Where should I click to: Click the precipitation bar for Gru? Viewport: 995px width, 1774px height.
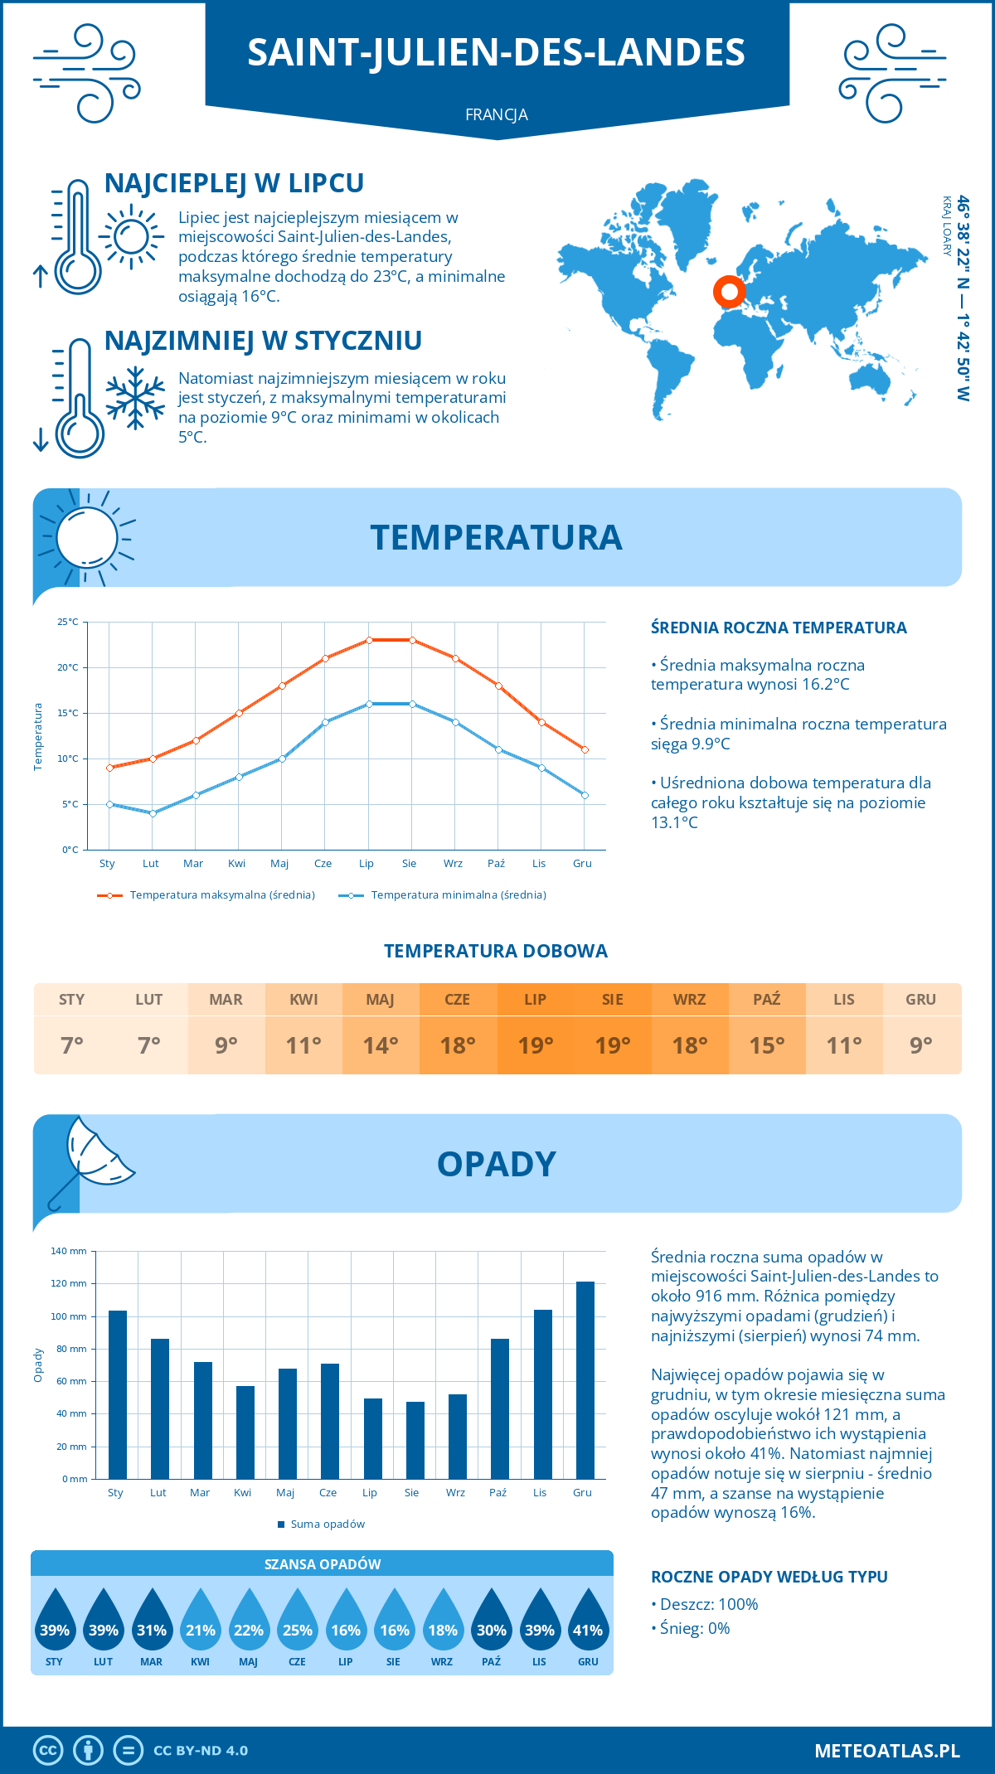coord(585,1380)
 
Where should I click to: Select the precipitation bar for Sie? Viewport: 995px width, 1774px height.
coord(415,1440)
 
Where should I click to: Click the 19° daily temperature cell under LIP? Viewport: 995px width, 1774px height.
coord(536,1045)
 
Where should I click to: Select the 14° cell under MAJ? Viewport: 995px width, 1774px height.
coord(381,1045)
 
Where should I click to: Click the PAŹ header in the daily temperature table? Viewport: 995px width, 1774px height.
coord(767,999)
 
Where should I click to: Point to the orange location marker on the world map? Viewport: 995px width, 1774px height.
coord(729,292)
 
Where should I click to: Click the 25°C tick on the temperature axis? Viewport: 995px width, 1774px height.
coord(68,622)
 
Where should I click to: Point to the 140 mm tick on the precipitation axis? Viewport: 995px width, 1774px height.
coord(69,1251)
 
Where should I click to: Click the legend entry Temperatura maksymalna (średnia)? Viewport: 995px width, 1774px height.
coord(207,894)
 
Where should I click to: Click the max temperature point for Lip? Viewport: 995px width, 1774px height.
coord(369,640)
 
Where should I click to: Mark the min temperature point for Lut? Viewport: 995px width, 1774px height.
coord(153,813)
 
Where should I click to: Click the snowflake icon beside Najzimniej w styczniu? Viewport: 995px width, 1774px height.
coord(135,398)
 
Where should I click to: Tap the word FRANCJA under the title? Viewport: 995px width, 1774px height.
coord(497,114)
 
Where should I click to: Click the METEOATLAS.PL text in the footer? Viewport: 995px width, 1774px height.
coord(887,1750)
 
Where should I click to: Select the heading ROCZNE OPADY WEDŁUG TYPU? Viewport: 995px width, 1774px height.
coord(769,1577)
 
